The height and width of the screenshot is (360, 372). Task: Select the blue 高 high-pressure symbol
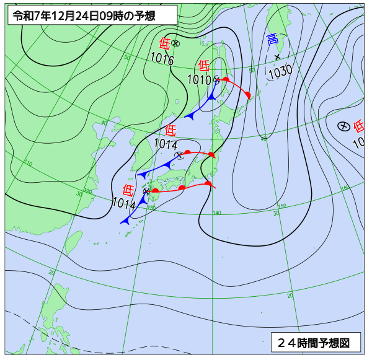[272, 40]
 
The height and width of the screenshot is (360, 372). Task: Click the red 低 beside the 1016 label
[164, 43]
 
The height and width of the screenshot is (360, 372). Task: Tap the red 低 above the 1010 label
[204, 65]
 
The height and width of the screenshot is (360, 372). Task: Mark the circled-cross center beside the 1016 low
[175, 43]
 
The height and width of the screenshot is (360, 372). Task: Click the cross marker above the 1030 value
[277, 57]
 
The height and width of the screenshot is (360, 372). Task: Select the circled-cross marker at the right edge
[342, 126]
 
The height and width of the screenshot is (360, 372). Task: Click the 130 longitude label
[152, 208]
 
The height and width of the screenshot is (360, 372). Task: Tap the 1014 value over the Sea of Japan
[166, 144]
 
